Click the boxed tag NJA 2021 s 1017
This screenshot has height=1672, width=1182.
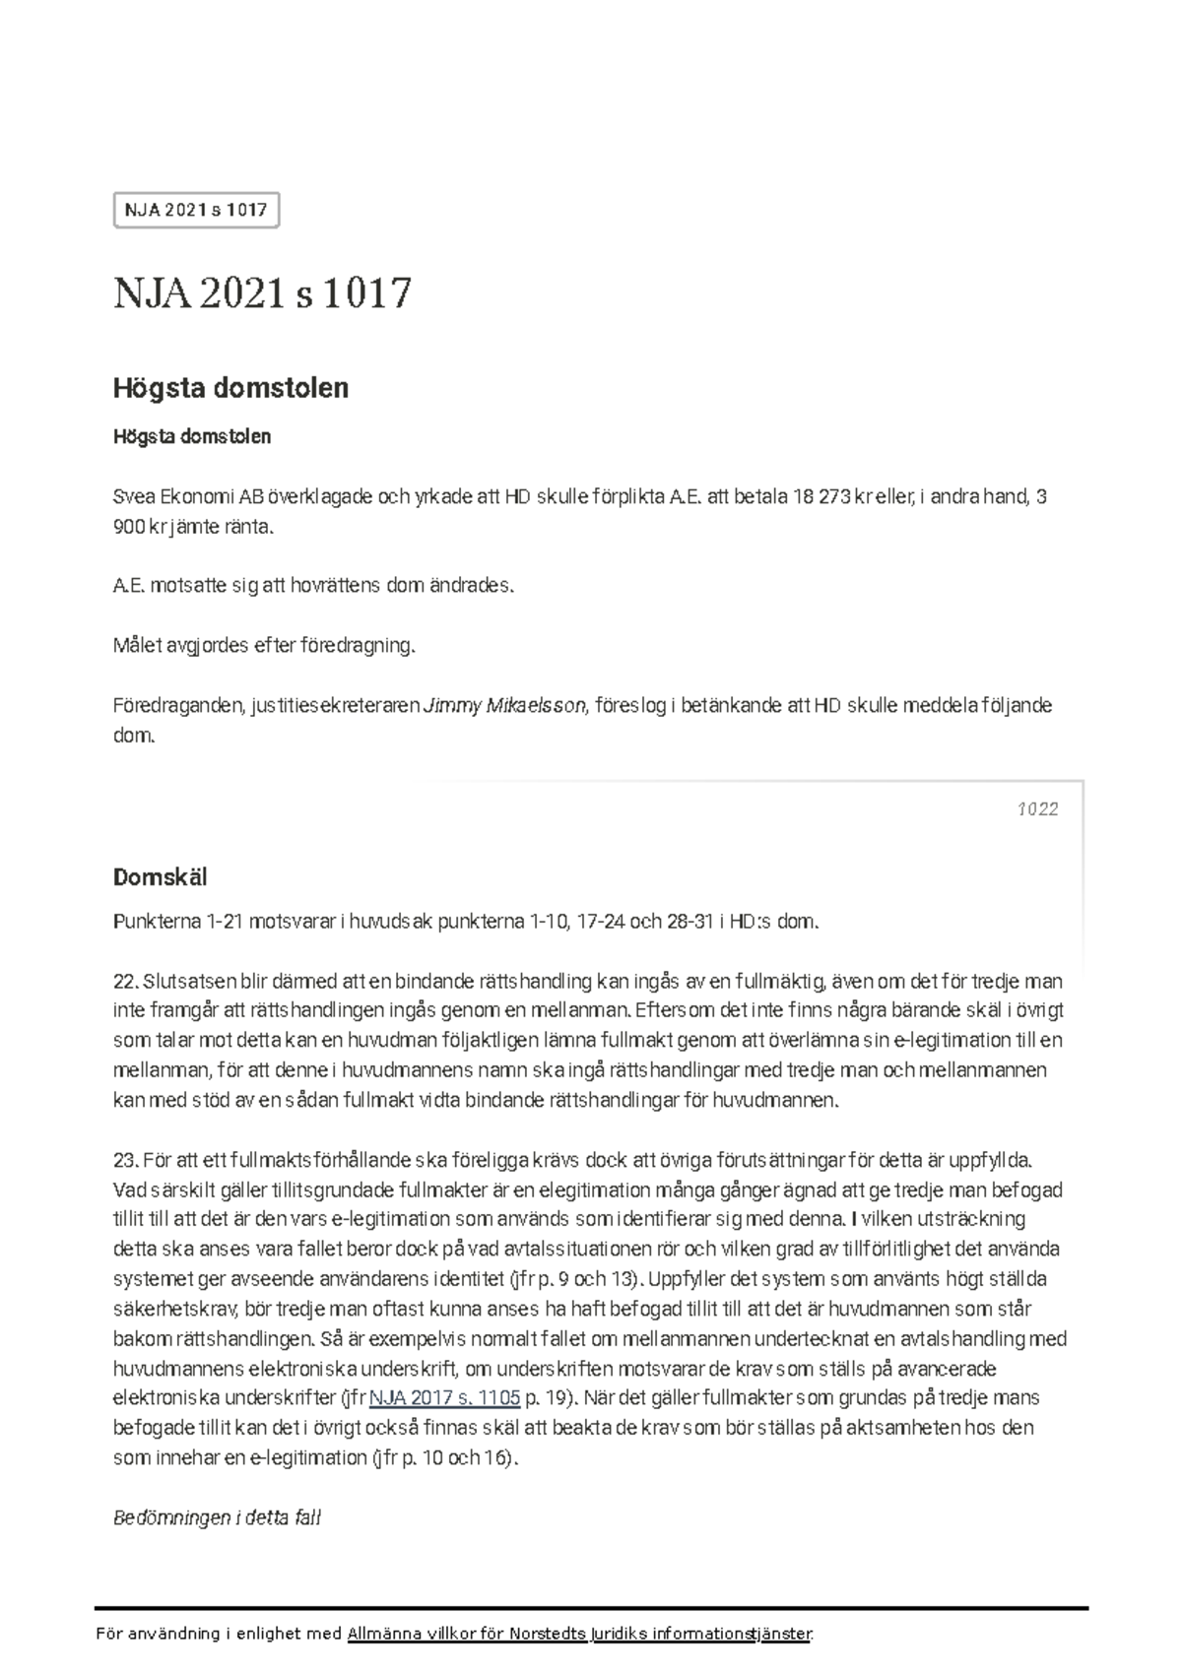(x=196, y=210)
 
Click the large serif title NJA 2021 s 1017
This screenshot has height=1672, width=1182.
(x=262, y=293)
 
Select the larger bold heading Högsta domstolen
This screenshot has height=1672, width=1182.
(x=230, y=388)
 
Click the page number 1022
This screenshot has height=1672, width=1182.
(x=1037, y=809)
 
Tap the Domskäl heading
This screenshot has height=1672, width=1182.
(x=160, y=877)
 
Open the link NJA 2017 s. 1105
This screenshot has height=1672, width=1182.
(x=443, y=1398)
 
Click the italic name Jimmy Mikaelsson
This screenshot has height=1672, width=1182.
(x=503, y=706)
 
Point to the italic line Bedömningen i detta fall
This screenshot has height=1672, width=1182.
(x=217, y=1517)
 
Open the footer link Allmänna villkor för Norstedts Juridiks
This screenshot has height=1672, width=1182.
(x=579, y=1635)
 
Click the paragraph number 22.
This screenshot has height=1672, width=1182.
(x=125, y=982)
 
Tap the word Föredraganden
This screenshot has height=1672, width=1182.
(x=177, y=706)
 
